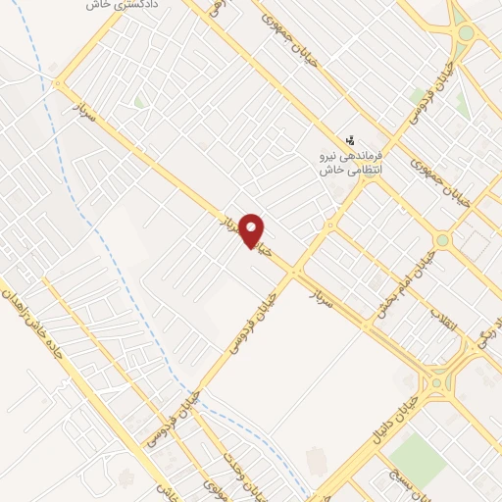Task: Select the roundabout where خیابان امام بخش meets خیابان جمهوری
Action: tap(443, 239)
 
